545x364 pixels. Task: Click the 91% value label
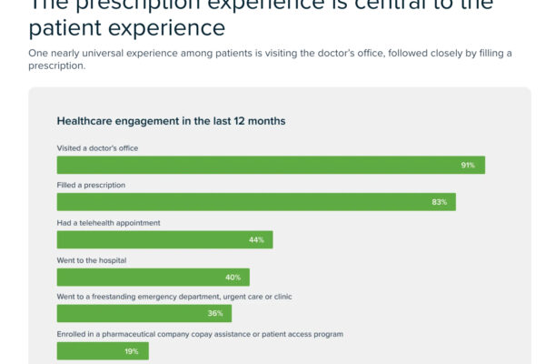(x=468, y=165)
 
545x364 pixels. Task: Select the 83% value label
(x=439, y=202)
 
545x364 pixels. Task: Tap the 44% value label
(x=256, y=239)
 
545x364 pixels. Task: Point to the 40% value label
(x=233, y=277)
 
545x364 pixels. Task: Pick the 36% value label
(x=215, y=314)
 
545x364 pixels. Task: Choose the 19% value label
(x=132, y=351)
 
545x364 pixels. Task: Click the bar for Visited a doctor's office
(x=271, y=165)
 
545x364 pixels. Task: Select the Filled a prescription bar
(x=256, y=202)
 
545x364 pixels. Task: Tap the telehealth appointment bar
(x=164, y=239)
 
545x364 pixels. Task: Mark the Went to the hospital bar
(x=153, y=277)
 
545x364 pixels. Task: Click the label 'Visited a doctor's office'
(x=98, y=147)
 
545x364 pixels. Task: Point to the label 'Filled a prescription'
(x=91, y=185)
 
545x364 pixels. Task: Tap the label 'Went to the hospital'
(x=92, y=259)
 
